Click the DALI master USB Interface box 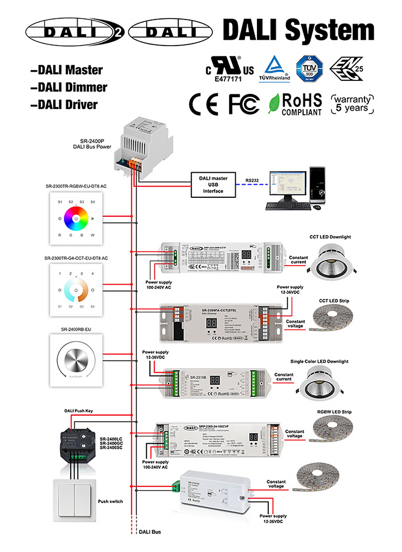212,184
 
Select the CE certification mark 203,103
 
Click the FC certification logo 244,103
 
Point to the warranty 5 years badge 353,103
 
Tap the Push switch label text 110,501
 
